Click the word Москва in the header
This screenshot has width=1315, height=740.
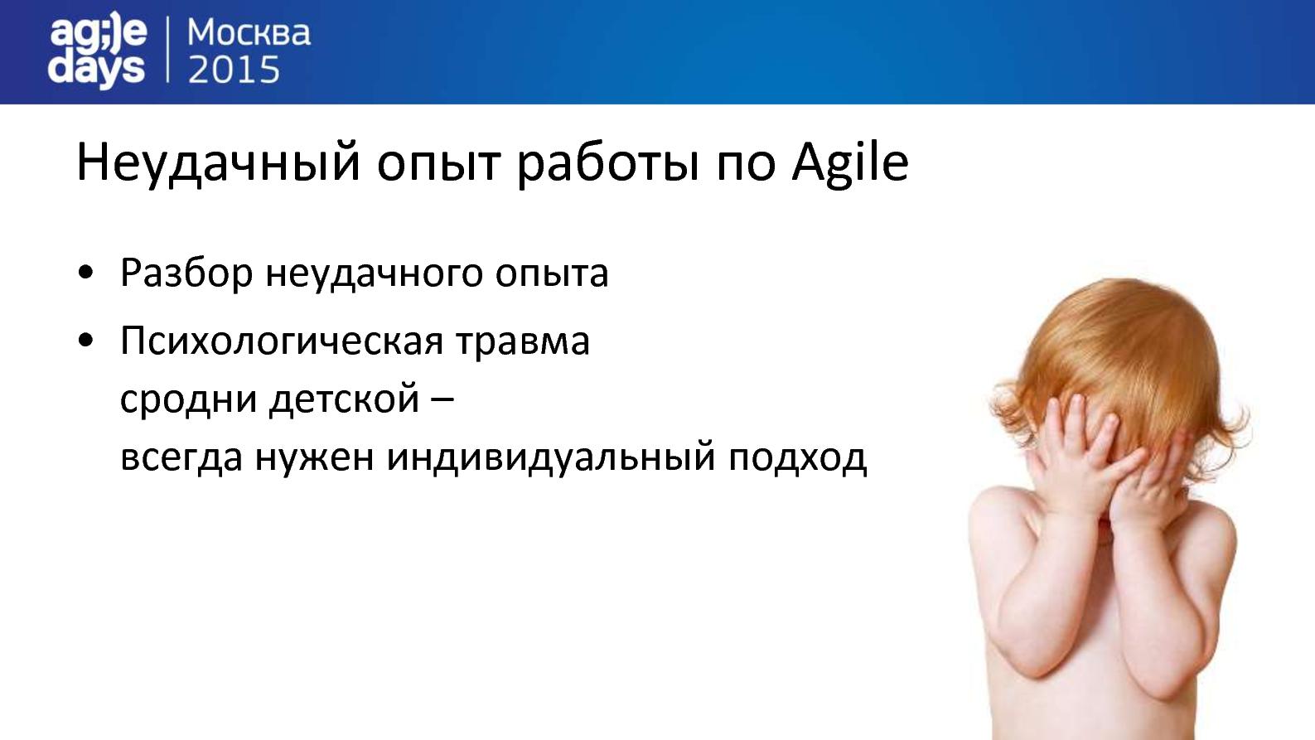(x=249, y=33)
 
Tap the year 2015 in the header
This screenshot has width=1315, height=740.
(x=234, y=70)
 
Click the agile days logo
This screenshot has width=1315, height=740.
(x=98, y=51)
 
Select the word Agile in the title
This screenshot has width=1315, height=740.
(x=850, y=162)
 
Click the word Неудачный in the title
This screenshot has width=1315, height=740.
(x=218, y=162)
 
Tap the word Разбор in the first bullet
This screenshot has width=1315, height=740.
(x=186, y=273)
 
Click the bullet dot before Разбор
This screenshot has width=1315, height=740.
(x=85, y=273)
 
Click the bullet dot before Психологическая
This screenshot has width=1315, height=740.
(x=85, y=340)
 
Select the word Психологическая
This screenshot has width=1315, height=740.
(x=281, y=341)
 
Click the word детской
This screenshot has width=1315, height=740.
(x=345, y=399)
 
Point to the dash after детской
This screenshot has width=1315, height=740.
(x=442, y=400)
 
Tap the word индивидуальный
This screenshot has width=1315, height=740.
(x=551, y=457)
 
